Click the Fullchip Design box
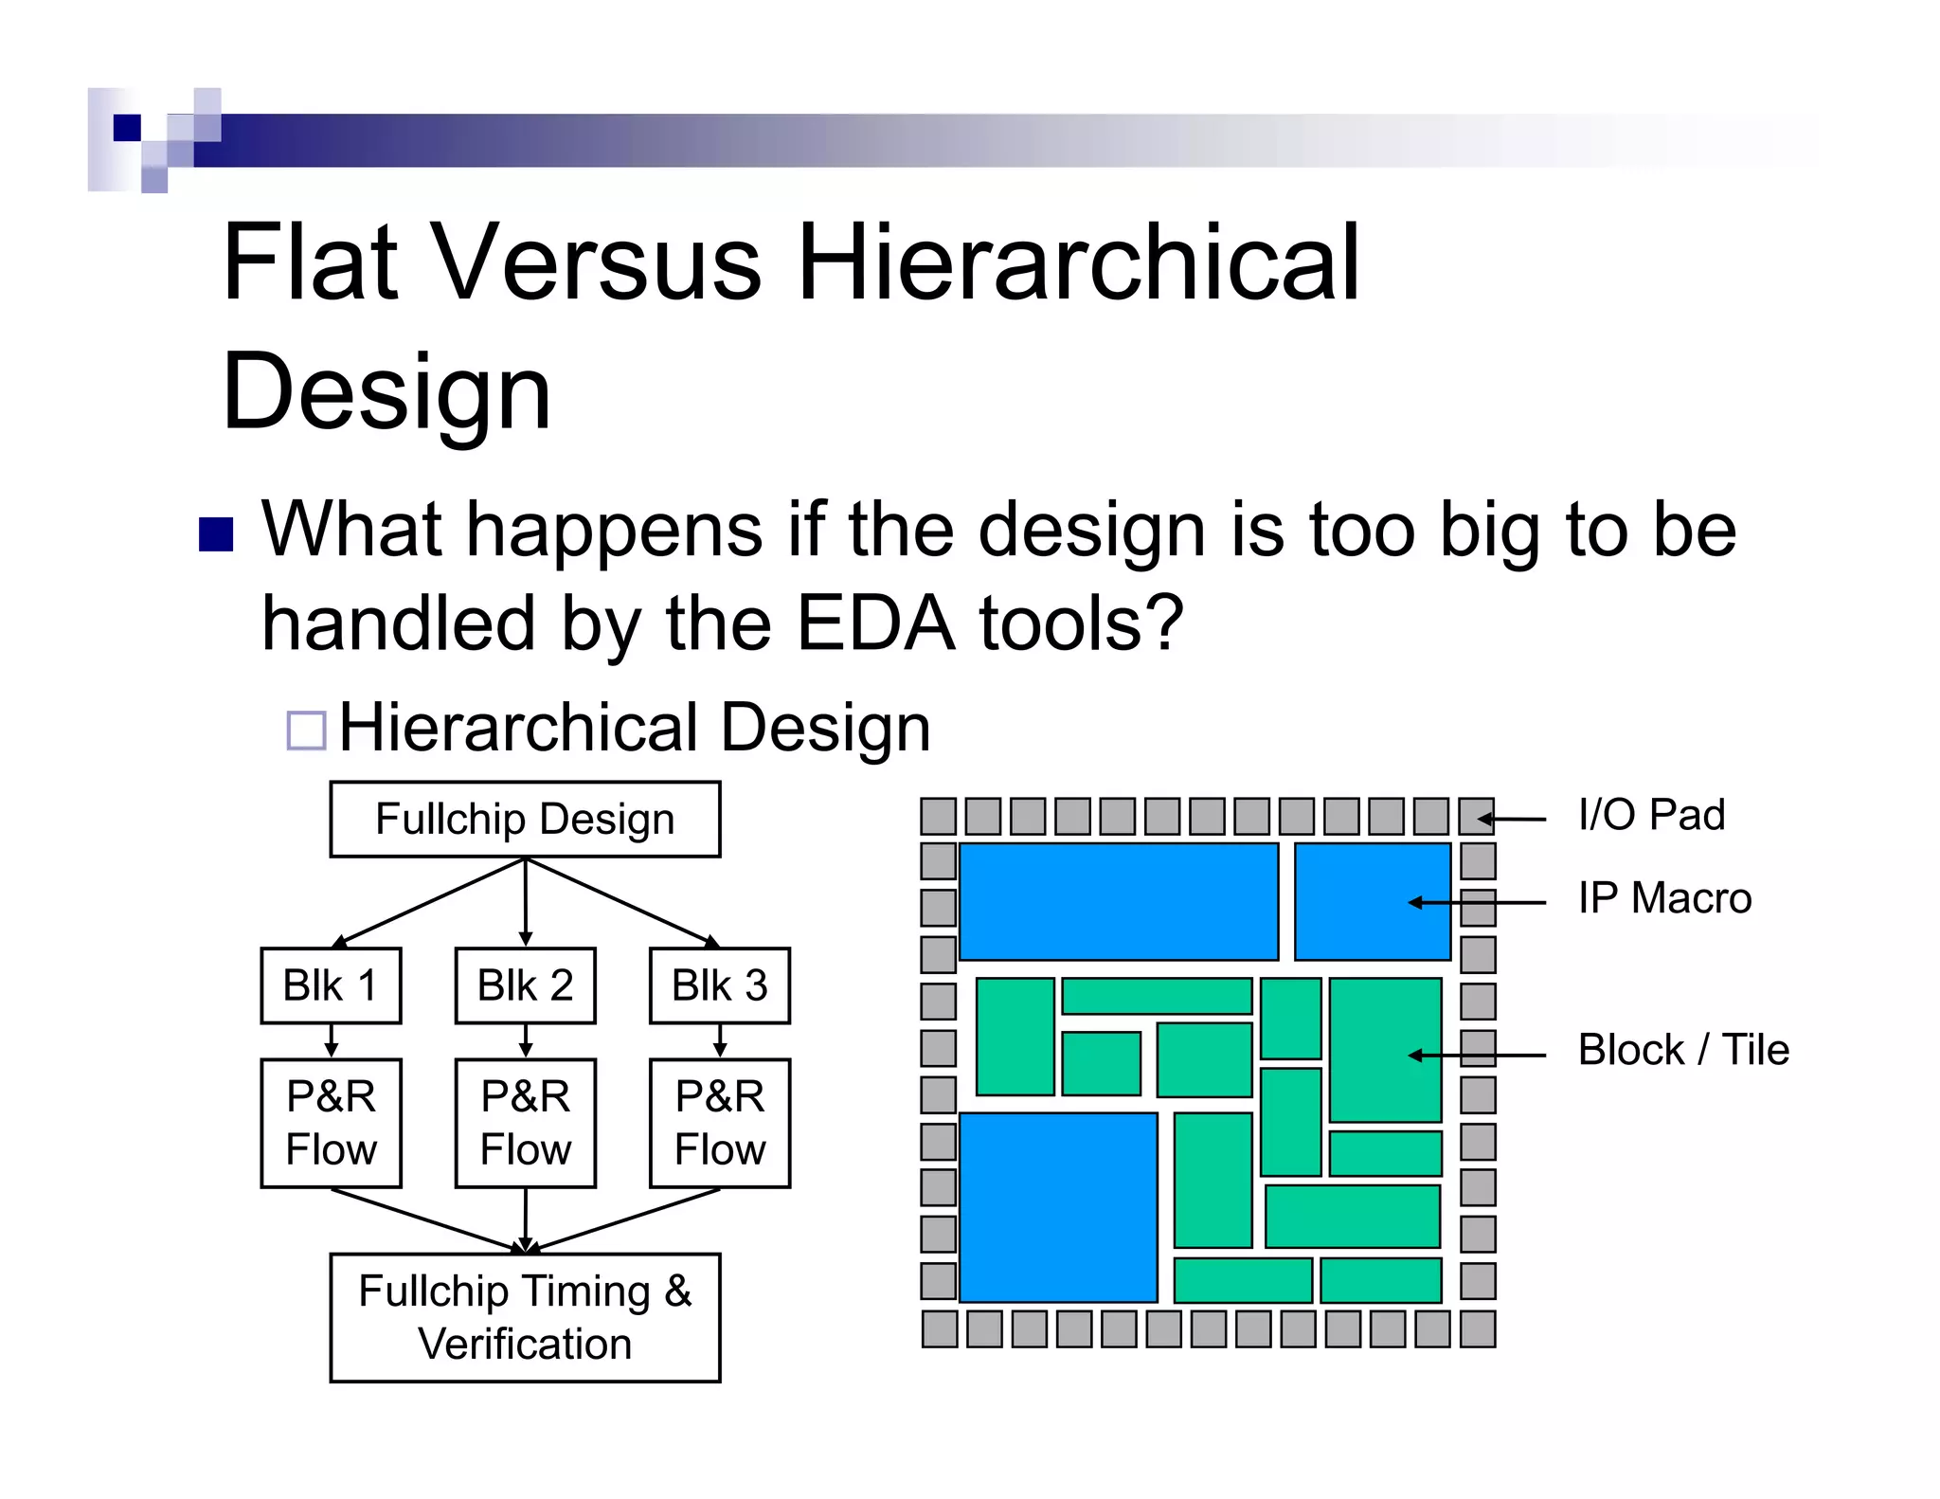[x=525, y=820]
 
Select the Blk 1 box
[x=331, y=985]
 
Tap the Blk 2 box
[x=525, y=985]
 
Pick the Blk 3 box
[x=719, y=985]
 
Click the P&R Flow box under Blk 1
[x=331, y=1123]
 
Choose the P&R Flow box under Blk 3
[x=719, y=1123]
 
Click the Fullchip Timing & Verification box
[x=525, y=1317]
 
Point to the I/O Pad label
[x=1651, y=815]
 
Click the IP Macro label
[x=1664, y=898]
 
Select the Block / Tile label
[x=1683, y=1050]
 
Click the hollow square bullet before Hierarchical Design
[x=306, y=731]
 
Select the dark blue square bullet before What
[x=216, y=534]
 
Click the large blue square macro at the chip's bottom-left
[x=1058, y=1207]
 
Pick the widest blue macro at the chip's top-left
[x=1119, y=901]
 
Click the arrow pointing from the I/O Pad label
[x=1513, y=819]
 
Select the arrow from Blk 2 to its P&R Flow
[x=526, y=1040]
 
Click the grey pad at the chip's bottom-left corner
[x=939, y=1328]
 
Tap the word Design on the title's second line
[x=386, y=391]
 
